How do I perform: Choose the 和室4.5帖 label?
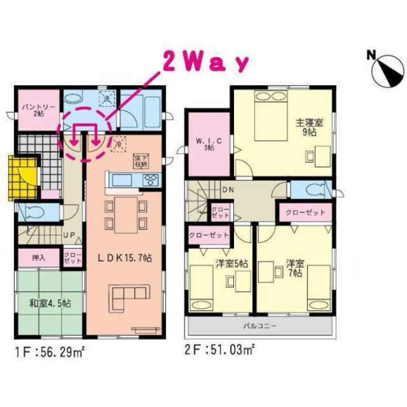coord(50,303)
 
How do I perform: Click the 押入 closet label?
coord(39,258)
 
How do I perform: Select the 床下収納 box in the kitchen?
coord(141,161)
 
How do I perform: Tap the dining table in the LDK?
coord(125,214)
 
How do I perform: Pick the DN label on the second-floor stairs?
coord(227,190)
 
